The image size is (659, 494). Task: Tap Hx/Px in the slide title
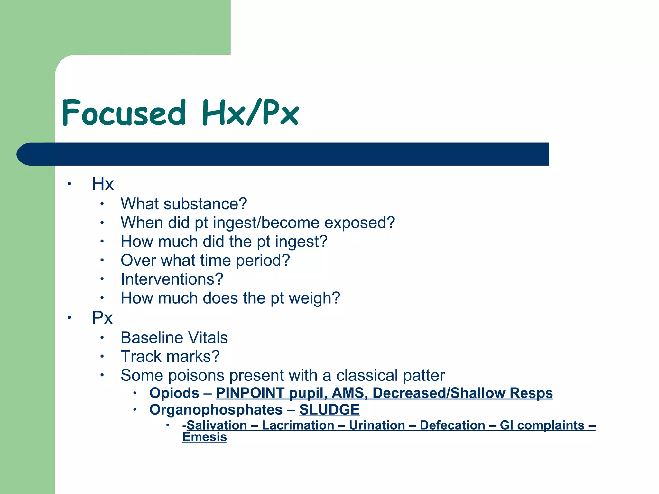tap(250, 113)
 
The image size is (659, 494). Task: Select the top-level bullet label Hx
tap(103, 184)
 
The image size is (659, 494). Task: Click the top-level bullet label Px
tap(102, 318)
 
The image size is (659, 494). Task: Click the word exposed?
tap(359, 223)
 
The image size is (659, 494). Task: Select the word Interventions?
tap(172, 279)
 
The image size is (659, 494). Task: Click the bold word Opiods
tap(174, 393)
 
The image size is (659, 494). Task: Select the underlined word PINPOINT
tap(250, 393)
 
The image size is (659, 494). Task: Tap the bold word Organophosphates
tap(216, 410)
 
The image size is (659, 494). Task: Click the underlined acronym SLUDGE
tap(329, 410)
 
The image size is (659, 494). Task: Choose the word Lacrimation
tap(298, 425)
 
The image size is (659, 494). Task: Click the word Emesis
tap(205, 437)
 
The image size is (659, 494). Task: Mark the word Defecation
tap(452, 425)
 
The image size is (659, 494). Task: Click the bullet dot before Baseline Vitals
tap(102, 338)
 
